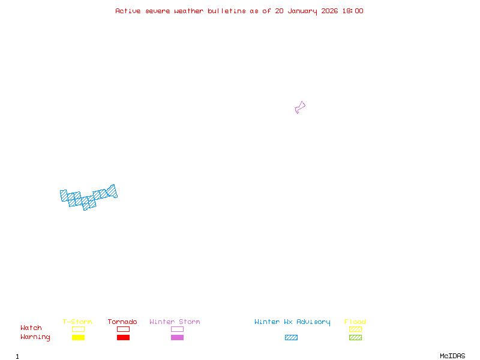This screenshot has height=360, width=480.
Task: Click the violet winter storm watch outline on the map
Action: click(x=300, y=107)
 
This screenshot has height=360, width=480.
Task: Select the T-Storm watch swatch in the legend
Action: click(x=78, y=329)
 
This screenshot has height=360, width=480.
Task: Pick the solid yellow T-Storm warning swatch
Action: click(x=78, y=337)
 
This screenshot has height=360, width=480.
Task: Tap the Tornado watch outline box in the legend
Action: click(x=123, y=329)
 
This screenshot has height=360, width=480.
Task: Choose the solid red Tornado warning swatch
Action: click(x=123, y=337)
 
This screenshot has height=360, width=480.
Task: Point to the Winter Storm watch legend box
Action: click(x=177, y=329)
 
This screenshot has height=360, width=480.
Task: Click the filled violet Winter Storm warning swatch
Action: click(x=177, y=337)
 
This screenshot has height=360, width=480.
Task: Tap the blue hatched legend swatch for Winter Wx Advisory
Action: click(x=291, y=337)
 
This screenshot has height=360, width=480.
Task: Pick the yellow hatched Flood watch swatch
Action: click(x=355, y=329)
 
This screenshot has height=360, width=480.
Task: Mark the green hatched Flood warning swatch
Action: click(x=355, y=337)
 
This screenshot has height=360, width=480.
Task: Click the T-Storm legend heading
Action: click(x=77, y=322)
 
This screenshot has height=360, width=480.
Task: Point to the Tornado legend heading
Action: click(x=122, y=322)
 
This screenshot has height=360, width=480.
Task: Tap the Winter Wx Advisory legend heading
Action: click(x=292, y=322)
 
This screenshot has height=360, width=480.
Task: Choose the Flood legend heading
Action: click(x=355, y=322)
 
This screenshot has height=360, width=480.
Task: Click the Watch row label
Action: click(x=31, y=328)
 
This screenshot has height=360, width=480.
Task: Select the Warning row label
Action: click(x=35, y=337)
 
